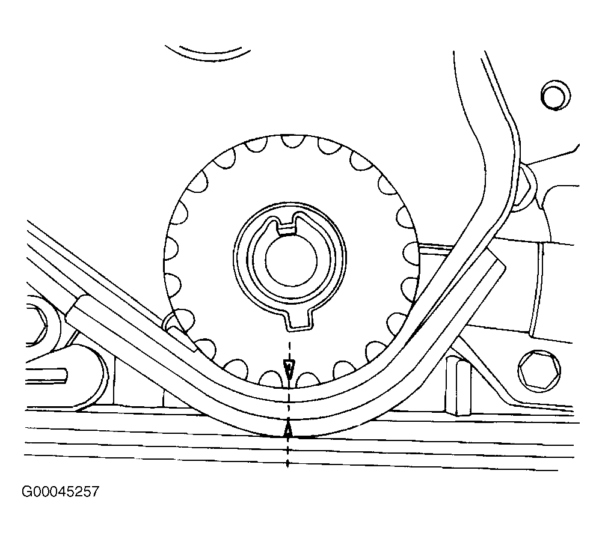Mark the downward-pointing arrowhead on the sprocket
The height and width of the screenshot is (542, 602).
point(289,370)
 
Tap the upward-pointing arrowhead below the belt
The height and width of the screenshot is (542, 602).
point(289,429)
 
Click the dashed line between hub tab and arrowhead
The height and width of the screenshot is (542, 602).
point(289,345)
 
